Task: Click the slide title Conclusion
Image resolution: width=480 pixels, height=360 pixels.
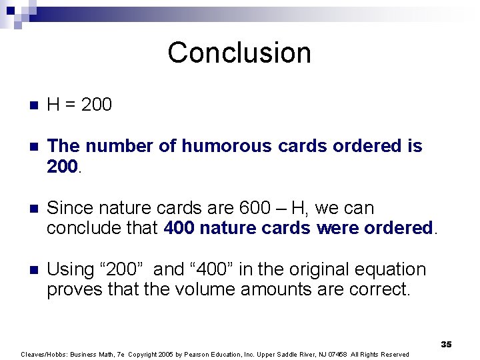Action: coord(239,53)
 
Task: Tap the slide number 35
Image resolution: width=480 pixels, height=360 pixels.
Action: coord(446,344)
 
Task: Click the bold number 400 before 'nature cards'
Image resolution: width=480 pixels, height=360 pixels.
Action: coord(179,228)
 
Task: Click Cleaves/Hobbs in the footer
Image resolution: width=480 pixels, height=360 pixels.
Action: coord(43,355)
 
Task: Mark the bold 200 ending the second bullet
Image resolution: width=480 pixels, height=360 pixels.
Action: coord(63,167)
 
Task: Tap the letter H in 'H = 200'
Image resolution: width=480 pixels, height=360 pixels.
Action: coord(53,104)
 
